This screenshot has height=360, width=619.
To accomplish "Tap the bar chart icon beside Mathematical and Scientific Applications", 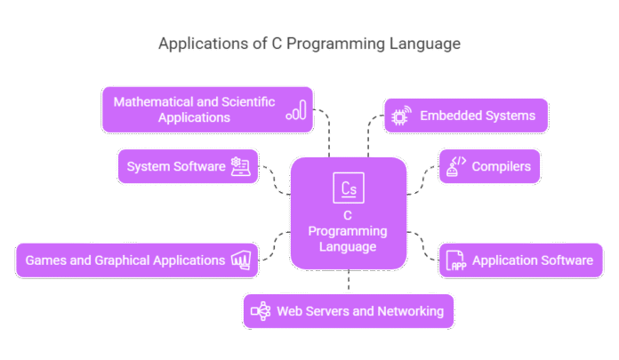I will (296, 109).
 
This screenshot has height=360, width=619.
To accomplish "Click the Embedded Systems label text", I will (477, 116).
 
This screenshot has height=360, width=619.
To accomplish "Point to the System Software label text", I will (176, 166).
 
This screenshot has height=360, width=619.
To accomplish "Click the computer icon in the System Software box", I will (240, 166).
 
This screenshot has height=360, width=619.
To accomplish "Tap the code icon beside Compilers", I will (455, 165).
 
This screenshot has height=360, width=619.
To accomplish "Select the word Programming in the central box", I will (348, 230).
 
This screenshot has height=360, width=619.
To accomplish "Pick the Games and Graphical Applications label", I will (125, 260).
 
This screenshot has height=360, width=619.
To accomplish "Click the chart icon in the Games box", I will (241, 260).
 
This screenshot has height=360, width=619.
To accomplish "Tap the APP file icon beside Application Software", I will (455, 260).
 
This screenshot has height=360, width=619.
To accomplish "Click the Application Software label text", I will (532, 260).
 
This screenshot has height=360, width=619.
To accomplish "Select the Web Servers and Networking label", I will (360, 311).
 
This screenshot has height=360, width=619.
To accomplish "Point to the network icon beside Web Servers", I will (260, 311).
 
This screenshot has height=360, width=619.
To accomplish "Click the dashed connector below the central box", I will (349, 282).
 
